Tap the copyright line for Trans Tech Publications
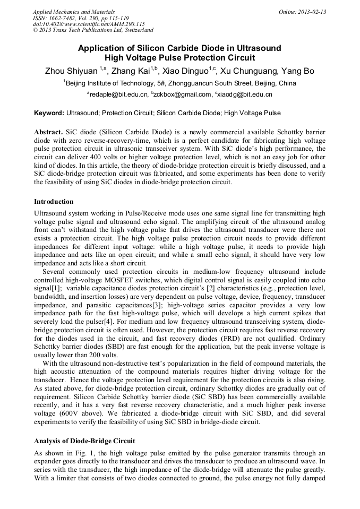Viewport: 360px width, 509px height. (x=93, y=30)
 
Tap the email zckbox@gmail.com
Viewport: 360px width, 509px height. (x=183, y=94)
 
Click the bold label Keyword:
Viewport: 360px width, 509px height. (x=49, y=113)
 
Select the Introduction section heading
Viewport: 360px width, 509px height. (x=54, y=202)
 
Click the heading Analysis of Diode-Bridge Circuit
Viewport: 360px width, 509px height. (x=84, y=441)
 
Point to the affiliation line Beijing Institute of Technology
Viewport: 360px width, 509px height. (x=181, y=83)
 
